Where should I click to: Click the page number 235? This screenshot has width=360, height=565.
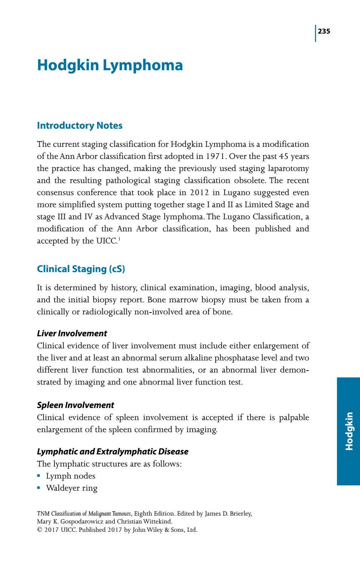coord(324,31)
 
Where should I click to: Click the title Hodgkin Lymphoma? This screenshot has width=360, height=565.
coord(110,65)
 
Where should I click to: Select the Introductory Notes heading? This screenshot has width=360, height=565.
coord(80,126)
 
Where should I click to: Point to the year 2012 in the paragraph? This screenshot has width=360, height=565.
coord(199,192)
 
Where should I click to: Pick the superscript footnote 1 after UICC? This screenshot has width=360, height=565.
coord(119,239)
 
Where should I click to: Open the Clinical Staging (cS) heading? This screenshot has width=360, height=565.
coord(81,269)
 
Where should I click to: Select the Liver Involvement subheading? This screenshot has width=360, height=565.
coord(72,333)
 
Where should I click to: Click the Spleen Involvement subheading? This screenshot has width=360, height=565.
coord(76,405)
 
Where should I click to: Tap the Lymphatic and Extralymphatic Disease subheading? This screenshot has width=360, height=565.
coord(113,451)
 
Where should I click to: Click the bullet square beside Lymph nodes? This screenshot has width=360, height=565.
coord(39,476)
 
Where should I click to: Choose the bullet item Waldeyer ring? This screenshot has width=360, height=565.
coord(71,488)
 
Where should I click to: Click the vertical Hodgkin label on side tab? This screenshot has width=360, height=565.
coord(349,431)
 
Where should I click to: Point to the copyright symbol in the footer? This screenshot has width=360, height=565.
coord(39,530)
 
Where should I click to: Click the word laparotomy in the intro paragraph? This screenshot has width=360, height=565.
coord(288,168)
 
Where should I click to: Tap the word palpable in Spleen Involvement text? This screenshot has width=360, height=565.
coord(294,417)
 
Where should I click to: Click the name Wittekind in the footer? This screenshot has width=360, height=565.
coord(157,522)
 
